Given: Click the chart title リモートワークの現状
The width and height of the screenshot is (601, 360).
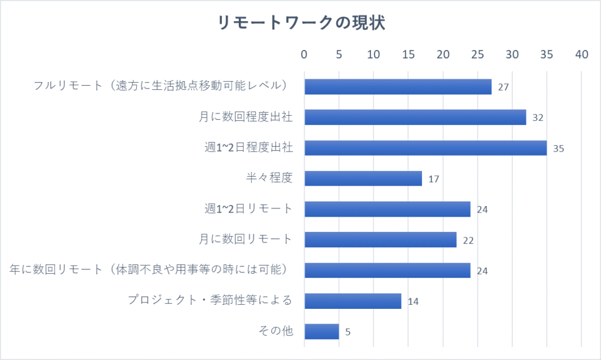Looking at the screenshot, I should tap(300, 23).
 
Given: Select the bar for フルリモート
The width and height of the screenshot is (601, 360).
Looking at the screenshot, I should tap(398, 87).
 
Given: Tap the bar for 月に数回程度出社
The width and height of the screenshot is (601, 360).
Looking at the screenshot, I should tap(415, 117).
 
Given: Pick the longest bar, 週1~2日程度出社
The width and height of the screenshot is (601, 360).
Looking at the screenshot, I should tap(426, 148).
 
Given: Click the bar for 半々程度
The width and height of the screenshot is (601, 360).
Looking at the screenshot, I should tap(363, 179).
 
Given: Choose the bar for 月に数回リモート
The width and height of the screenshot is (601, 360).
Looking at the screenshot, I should tap(380, 240).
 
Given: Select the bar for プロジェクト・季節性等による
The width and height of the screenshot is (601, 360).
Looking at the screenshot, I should tap(353, 301).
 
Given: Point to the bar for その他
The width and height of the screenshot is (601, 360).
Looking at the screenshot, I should tap(322, 331).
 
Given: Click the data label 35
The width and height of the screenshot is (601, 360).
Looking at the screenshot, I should tap(558, 149).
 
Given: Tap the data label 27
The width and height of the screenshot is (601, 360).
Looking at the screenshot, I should tap(503, 88).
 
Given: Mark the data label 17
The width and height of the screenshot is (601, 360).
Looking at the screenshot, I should tap(434, 179).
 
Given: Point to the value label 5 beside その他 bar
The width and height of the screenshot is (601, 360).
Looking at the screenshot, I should tap(348, 332).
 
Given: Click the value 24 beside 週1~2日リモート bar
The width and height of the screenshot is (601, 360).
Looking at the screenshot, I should tap(482, 210).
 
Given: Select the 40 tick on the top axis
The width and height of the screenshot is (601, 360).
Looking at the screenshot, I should tap(581, 55).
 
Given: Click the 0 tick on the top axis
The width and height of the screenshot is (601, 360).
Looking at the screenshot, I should tap(304, 55).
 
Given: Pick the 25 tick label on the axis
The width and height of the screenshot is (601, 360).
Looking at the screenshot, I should tap(477, 55).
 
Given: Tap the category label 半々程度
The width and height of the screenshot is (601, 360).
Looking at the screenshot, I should tap(269, 178).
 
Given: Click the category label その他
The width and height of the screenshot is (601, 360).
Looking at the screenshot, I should tap(275, 331).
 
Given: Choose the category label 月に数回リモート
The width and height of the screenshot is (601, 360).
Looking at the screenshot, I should tap(245, 239).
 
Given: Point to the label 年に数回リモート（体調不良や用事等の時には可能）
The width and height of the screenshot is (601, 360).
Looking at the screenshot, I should tap(151, 270).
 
